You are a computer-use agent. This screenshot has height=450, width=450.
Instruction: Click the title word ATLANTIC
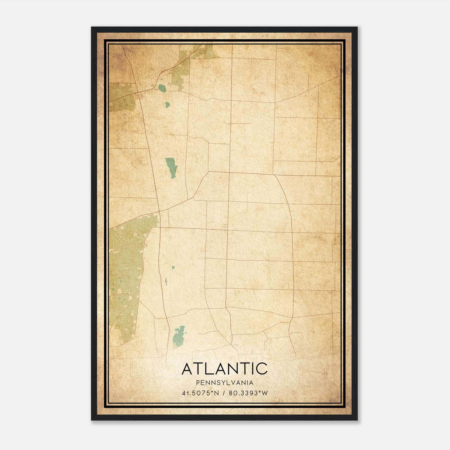[225, 369]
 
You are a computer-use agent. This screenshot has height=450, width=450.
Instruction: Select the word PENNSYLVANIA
[225, 383]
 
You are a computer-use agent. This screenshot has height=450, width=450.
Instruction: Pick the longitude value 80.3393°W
[248, 393]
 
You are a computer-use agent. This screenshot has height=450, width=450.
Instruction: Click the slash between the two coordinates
[224, 393]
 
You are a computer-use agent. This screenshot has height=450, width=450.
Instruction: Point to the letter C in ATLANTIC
[262, 369]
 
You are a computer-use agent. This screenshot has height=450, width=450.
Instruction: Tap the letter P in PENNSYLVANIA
[198, 383]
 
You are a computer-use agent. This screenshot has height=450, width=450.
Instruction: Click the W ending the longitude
[264, 393]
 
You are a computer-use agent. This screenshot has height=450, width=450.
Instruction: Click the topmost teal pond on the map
[162, 88]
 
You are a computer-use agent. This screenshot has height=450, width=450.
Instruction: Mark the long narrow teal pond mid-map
[171, 167]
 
